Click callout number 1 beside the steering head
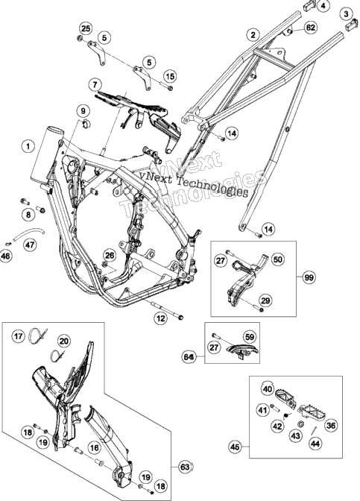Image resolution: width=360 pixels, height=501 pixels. tap(28, 147)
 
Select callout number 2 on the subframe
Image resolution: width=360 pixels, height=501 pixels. tap(253, 34)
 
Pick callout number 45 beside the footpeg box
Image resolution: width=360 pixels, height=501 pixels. tap(235, 447)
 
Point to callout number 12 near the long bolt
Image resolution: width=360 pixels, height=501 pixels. tap(160, 318)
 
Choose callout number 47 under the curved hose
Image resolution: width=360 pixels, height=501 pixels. tap(30, 245)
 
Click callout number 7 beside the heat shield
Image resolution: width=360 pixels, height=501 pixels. tap(95, 85)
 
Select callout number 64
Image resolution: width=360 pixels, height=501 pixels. tap(189, 357)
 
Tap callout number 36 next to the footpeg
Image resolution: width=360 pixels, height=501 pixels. tap(332, 425)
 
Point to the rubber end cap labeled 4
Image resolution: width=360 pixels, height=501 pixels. tap(309, 5)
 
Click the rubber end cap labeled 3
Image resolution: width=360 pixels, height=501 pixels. tap(351, 25)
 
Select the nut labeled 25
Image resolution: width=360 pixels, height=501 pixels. tap(80, 39)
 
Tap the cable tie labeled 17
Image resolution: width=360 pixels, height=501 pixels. tap(38, 336)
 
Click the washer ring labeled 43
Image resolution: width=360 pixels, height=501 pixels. tap(300, 424)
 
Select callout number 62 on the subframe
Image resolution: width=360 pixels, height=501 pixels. tap(310, 28)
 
